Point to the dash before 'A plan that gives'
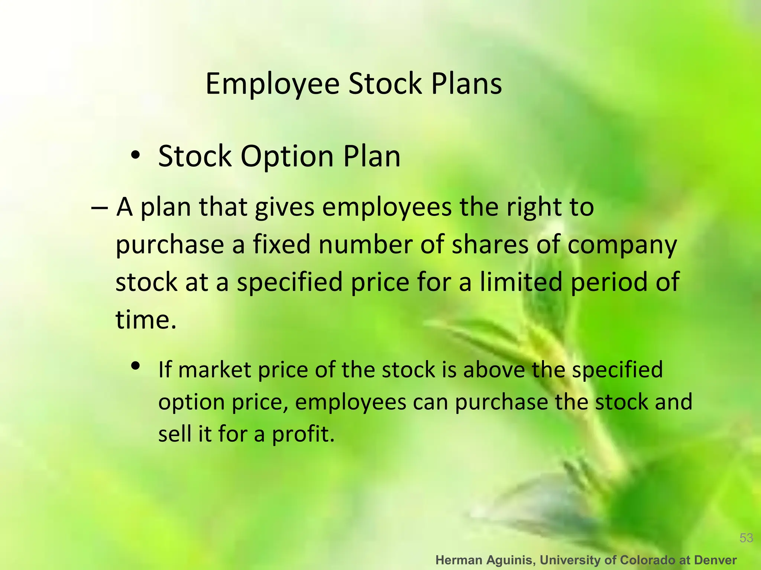(x=99, y=208)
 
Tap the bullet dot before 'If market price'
(x=135, y=366)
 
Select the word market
(x=215, y=370)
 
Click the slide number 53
(x=746, y=538)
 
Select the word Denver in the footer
(x=715, y=560)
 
